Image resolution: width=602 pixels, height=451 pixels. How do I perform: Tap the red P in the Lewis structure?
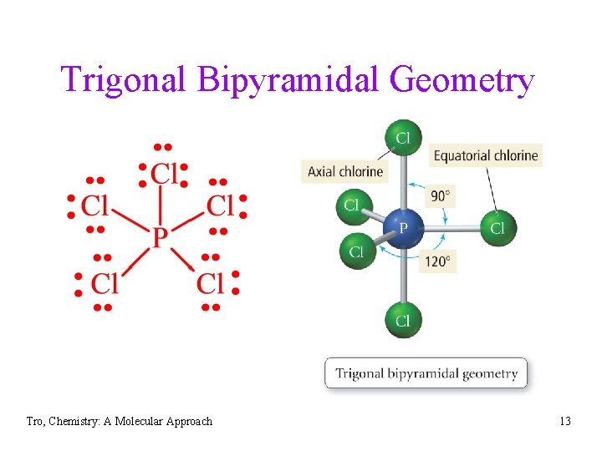coord(160,236)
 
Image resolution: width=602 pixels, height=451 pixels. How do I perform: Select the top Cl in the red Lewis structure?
coord(164,173)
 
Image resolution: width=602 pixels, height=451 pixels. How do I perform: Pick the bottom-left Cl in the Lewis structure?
coord(104,284)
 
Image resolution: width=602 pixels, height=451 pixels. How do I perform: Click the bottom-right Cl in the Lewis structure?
coord(211,284)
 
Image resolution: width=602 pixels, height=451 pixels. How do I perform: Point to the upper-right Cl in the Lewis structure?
coord(220,205)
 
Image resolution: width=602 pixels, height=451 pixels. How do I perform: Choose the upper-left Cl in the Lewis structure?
coord(95,205)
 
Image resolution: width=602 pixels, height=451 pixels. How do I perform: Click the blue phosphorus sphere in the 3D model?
coord(403,227)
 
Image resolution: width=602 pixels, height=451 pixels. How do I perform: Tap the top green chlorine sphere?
coord(403,138)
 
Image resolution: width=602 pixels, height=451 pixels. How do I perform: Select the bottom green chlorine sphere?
coord(403,320)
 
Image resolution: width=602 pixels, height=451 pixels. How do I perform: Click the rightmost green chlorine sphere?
coord(497,227)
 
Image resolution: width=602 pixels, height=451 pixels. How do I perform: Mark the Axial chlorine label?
coord(344,171)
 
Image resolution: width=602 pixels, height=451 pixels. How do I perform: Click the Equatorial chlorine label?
coord(485,155)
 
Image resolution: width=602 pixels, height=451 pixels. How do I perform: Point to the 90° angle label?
coord(441,196)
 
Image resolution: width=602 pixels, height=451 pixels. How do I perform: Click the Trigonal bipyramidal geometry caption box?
coord(426,373)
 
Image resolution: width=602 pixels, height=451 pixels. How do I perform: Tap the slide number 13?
coord(565,421)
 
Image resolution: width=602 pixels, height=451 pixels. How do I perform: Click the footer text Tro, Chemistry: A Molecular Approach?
coord(119,421)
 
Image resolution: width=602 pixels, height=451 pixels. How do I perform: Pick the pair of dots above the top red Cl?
coord(164,147)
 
